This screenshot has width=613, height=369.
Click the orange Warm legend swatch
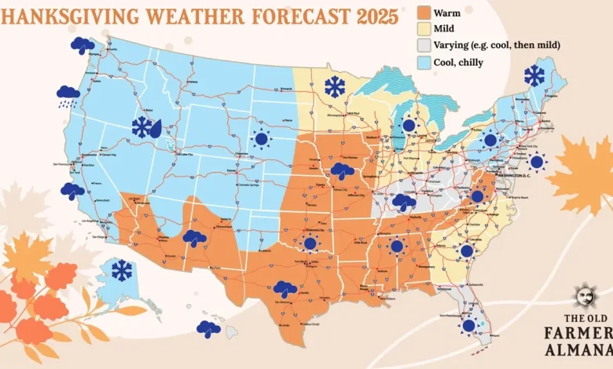coord(424,14)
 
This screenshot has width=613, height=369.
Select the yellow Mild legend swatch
coord(424,30)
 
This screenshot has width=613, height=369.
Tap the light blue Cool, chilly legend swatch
coord(424,60)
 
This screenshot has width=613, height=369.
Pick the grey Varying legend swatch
coord(424,45)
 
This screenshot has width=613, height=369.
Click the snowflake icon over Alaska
coord(122,271)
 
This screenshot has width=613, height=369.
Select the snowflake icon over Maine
coord(534,76)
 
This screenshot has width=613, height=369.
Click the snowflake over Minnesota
coord(335,87)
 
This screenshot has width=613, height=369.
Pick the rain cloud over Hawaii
coord(208,329)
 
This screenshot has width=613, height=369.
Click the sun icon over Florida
coord(469,325)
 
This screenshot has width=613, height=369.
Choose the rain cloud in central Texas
coord(285,290)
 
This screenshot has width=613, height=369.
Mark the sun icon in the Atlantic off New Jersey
coord(537,163)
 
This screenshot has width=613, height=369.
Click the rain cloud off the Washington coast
coord(82,46)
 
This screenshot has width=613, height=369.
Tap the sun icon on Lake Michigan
coord(409,126)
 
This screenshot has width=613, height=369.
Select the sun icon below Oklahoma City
coord(310,244)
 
